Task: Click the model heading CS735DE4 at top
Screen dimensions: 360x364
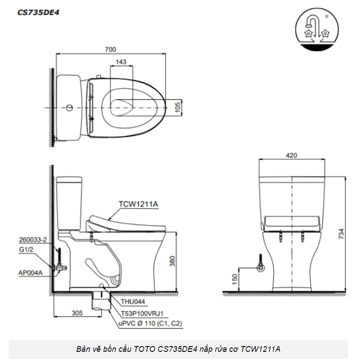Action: (x=38, y=12)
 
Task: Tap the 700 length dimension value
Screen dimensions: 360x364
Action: (x=110, y=50)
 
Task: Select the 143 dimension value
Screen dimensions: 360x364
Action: (x=121, y=62)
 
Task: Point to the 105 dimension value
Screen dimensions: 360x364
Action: (x=177, y=107)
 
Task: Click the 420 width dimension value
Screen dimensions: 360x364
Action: (x=292, y=155)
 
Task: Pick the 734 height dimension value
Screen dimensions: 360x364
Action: (x=341, y=234)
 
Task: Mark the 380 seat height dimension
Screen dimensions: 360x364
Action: (x=172, y=261)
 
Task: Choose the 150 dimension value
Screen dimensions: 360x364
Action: (x=235, y=279)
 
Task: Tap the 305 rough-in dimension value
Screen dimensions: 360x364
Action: (x=77, y=313)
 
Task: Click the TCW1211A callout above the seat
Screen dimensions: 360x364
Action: (x=138, y=204)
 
